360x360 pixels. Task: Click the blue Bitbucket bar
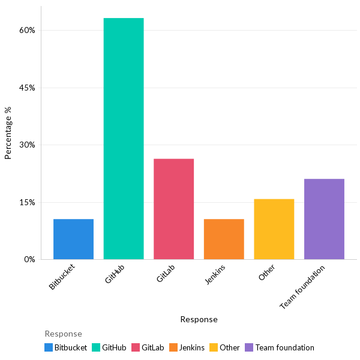(73, 239)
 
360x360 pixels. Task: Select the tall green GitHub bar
(124, 139)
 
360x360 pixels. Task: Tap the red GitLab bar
(173, 209)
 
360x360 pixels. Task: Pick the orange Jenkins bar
(224, 239)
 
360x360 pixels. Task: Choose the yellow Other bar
(274, 229)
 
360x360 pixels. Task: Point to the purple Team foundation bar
(324, 219)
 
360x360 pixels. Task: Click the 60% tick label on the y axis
(27, 30)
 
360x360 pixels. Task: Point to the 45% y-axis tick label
(27, 88)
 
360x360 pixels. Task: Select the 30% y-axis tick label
(27, 145)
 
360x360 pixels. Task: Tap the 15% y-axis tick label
(27, 202)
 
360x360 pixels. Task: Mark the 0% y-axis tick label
(29, 259)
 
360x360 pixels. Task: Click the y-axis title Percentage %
(8, 133)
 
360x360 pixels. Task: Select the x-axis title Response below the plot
(199, 319)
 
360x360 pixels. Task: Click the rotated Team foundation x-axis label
(303, 287)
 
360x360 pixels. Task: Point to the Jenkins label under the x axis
(215, 274)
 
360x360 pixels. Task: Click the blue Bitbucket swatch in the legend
(49, 347)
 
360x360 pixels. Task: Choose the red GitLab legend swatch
(136, 347)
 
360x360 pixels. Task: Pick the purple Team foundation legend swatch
(249, 347)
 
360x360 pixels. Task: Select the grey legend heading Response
(63, 334)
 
